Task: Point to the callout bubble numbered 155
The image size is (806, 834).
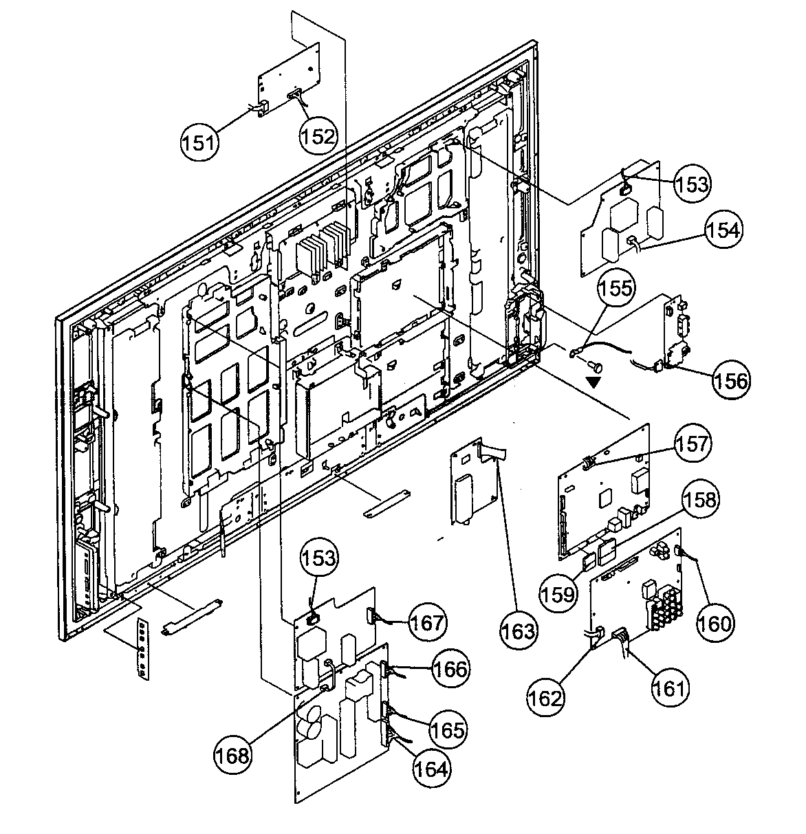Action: (x=616, y=288)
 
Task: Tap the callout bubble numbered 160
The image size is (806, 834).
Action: (x=715, y=622)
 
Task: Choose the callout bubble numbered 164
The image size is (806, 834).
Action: (x=432, y=768)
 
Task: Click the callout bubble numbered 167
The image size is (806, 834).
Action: (x=428, y=623)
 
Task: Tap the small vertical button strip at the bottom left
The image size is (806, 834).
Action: (x=142, y=648)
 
